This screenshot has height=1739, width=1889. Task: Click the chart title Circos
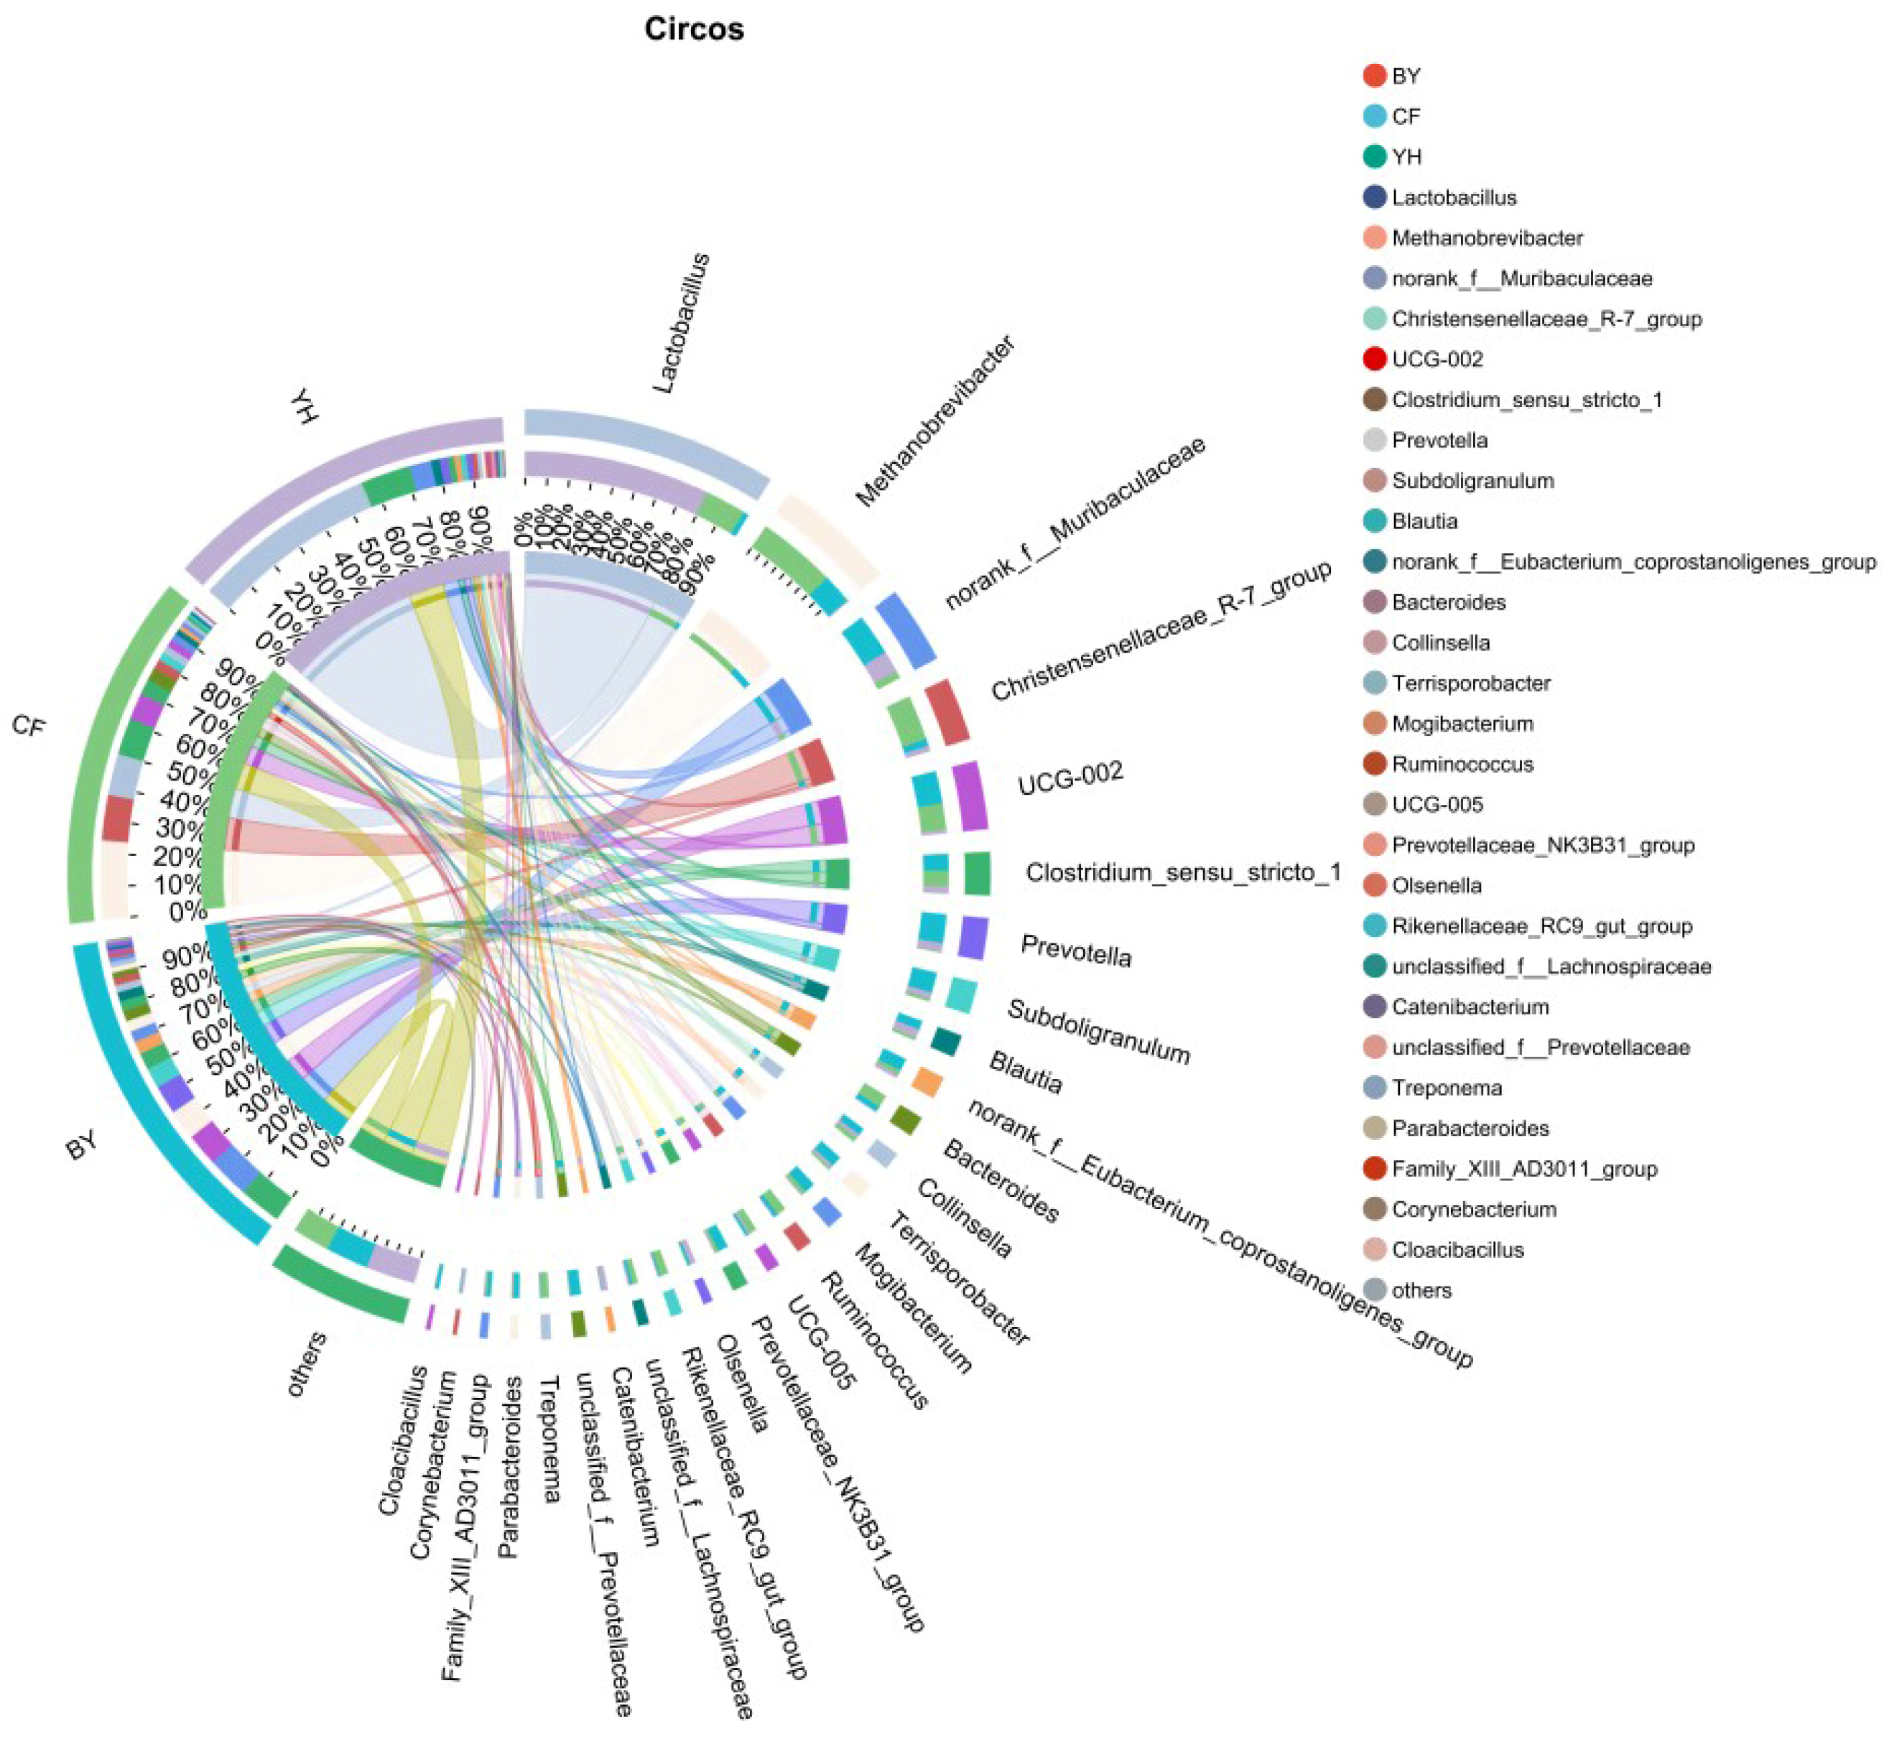pos(694,29)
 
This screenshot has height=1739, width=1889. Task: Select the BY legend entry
pos(1405,76)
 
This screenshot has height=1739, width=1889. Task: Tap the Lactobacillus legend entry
pos(1453,197)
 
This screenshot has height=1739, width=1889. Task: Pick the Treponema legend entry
pos(1446,1088)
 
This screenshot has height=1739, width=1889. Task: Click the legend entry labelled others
pos(1420,1290)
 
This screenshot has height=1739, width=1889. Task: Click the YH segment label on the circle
pos(303,406)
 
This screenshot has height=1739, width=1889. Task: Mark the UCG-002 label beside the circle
pos(1070,778)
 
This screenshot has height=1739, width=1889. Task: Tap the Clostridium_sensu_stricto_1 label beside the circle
pos(1183,872)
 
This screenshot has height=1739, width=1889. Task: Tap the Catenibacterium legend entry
pos(1470,1007)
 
